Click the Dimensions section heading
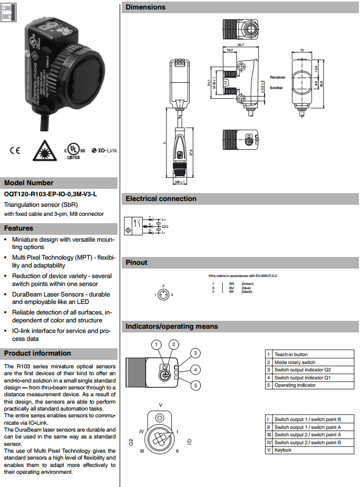[145, 7]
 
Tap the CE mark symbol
[14, 150]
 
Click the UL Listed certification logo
[72, 150]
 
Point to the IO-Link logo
[104, 150]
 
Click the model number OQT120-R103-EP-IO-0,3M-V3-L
[51, 194]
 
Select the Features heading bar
[19, 228]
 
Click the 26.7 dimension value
[240, 45]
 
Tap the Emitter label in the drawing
[277, 88]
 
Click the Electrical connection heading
[161, 199]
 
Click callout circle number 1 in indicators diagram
[156, 345]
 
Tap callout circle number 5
[195, 386]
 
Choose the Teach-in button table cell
[291, 355]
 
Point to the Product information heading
[37, 354]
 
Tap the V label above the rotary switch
[161, 405]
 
